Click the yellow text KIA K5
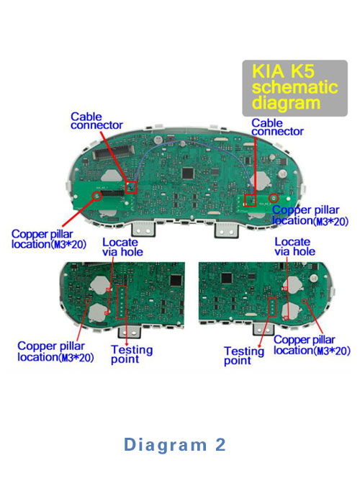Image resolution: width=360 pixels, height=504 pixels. [283, 71]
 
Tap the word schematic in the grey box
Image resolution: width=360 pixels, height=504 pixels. [294, 87]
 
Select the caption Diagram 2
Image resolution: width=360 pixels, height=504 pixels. [175, 445]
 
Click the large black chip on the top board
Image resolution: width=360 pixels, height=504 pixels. [188, 174]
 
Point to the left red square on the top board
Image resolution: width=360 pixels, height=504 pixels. [131, 187]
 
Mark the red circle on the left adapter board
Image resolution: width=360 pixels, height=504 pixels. [97, 196]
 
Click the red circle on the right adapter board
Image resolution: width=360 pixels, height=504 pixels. [274, 198]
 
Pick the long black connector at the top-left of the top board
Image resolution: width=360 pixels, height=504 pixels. [113, 152]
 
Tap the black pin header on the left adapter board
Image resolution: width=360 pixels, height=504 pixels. [112, 194]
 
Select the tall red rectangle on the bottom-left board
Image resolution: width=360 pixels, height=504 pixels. [122, 302]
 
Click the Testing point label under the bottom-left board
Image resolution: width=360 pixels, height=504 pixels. [132, 354]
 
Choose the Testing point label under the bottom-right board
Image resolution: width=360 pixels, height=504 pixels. [244, 356]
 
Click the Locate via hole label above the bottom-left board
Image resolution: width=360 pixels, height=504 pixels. [122, 247]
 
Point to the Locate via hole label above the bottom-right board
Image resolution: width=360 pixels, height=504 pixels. [294, 247]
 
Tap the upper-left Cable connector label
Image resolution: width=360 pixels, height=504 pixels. [96, 121]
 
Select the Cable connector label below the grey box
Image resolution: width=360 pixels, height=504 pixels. [277, 127]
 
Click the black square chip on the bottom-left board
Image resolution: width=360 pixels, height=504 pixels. [176, 281]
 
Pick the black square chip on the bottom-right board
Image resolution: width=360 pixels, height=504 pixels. [227, 278]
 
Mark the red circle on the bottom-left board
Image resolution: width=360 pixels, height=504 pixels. [87, 301]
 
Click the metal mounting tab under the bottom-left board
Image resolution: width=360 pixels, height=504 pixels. [130, 331]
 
